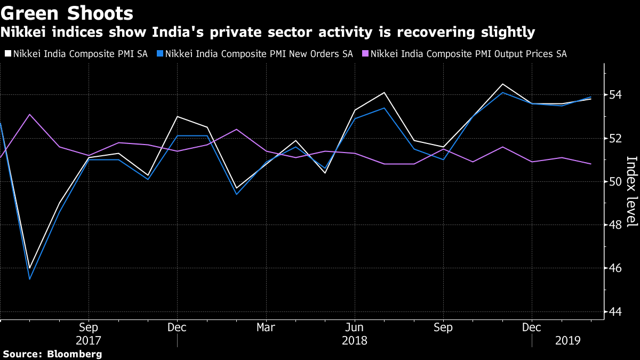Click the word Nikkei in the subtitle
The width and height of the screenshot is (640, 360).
23,33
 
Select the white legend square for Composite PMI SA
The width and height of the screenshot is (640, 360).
7,54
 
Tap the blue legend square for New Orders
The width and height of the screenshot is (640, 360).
159,54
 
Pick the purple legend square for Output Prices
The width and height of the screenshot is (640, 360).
365,54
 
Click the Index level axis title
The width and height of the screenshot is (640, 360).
631,192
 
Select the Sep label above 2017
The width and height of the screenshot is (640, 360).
89,327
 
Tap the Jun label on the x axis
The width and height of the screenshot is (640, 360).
355,327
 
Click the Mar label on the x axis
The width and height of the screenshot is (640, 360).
266,327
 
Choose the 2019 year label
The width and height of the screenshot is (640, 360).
567,340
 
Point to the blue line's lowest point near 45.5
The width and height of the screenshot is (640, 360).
29,279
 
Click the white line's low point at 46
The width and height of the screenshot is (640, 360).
29,268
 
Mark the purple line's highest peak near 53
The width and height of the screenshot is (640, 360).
29,114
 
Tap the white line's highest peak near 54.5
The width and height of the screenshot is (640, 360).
502,84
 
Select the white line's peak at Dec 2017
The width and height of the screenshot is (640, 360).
177,116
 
